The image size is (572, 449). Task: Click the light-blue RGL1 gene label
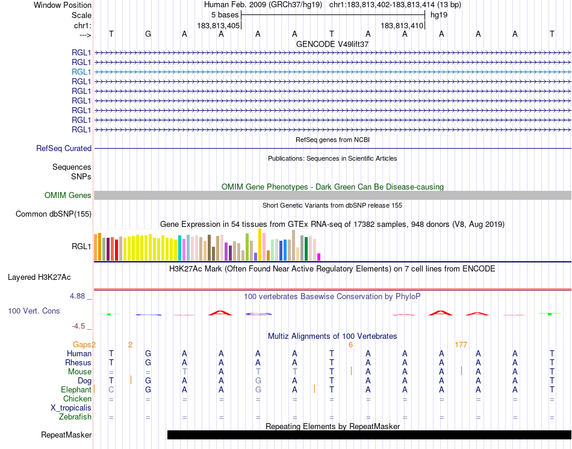tap(81, 72)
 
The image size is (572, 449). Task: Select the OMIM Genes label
tap(68, 195)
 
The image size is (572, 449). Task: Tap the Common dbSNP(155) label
tap(54, 214)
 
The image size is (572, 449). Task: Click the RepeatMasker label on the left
tap(66, 435)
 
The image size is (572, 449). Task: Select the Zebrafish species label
tap(75, 416)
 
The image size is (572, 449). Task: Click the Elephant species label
tap(76, 390)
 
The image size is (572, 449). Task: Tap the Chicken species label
tap(78, 398)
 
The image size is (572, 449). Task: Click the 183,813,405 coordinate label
tap(219, 26)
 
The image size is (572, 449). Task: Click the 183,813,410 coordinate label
tap(402, 26)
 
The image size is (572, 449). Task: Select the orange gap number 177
tap(461, 345)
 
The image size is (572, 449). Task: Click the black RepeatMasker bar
tap(368, 435)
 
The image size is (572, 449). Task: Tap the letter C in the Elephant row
tap(111, 390)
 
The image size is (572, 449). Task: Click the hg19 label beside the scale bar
tap(438, 14)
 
